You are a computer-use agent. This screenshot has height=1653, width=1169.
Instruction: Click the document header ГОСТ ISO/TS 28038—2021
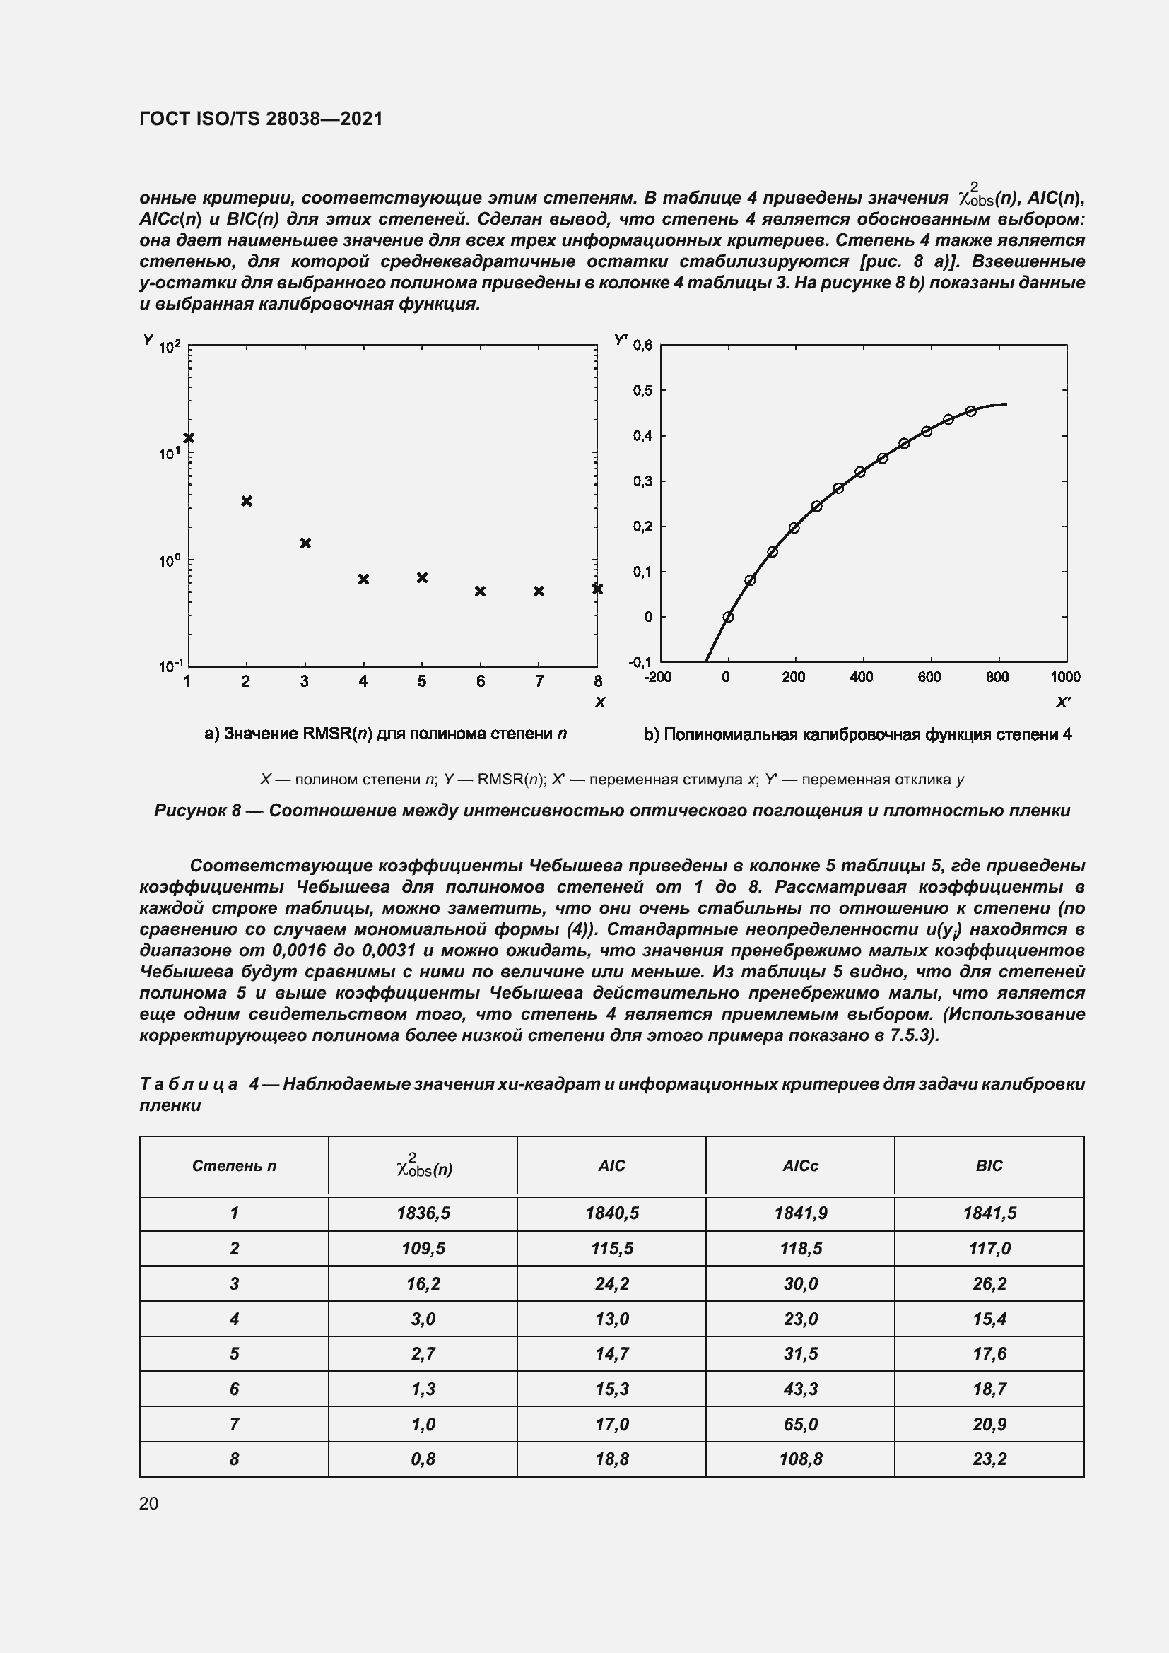coord(261,119)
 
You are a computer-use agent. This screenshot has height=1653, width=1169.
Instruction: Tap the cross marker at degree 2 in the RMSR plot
coord(247,501)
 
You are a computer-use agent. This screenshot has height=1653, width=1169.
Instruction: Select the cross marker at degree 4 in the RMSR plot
coord(363,579)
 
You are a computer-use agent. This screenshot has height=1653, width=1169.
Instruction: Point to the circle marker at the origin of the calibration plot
coord(729,617)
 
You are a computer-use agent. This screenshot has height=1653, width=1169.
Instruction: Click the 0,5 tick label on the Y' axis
coord(642,391)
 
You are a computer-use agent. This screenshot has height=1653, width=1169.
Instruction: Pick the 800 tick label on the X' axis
coord(997,678)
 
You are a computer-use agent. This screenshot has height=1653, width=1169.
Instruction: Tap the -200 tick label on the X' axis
coord(658,678)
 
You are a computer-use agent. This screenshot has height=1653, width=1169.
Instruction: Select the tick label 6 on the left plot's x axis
coord(480,681)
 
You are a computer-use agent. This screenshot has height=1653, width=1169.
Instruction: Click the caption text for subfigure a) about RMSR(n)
coord(386,734)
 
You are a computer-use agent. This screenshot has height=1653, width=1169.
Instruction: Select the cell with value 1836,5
coord(423,1214)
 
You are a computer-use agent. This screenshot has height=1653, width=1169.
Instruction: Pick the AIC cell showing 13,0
coord(612,1319)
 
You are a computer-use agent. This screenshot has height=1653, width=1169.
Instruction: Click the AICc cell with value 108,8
coord(801,1459)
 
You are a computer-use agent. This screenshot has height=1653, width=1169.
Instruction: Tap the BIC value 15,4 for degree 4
coord(989,1319)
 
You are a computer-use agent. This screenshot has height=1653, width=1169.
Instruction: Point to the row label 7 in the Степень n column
coord(234,1424)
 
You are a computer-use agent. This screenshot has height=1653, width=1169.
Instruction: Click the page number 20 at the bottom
coord(149,1503)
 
